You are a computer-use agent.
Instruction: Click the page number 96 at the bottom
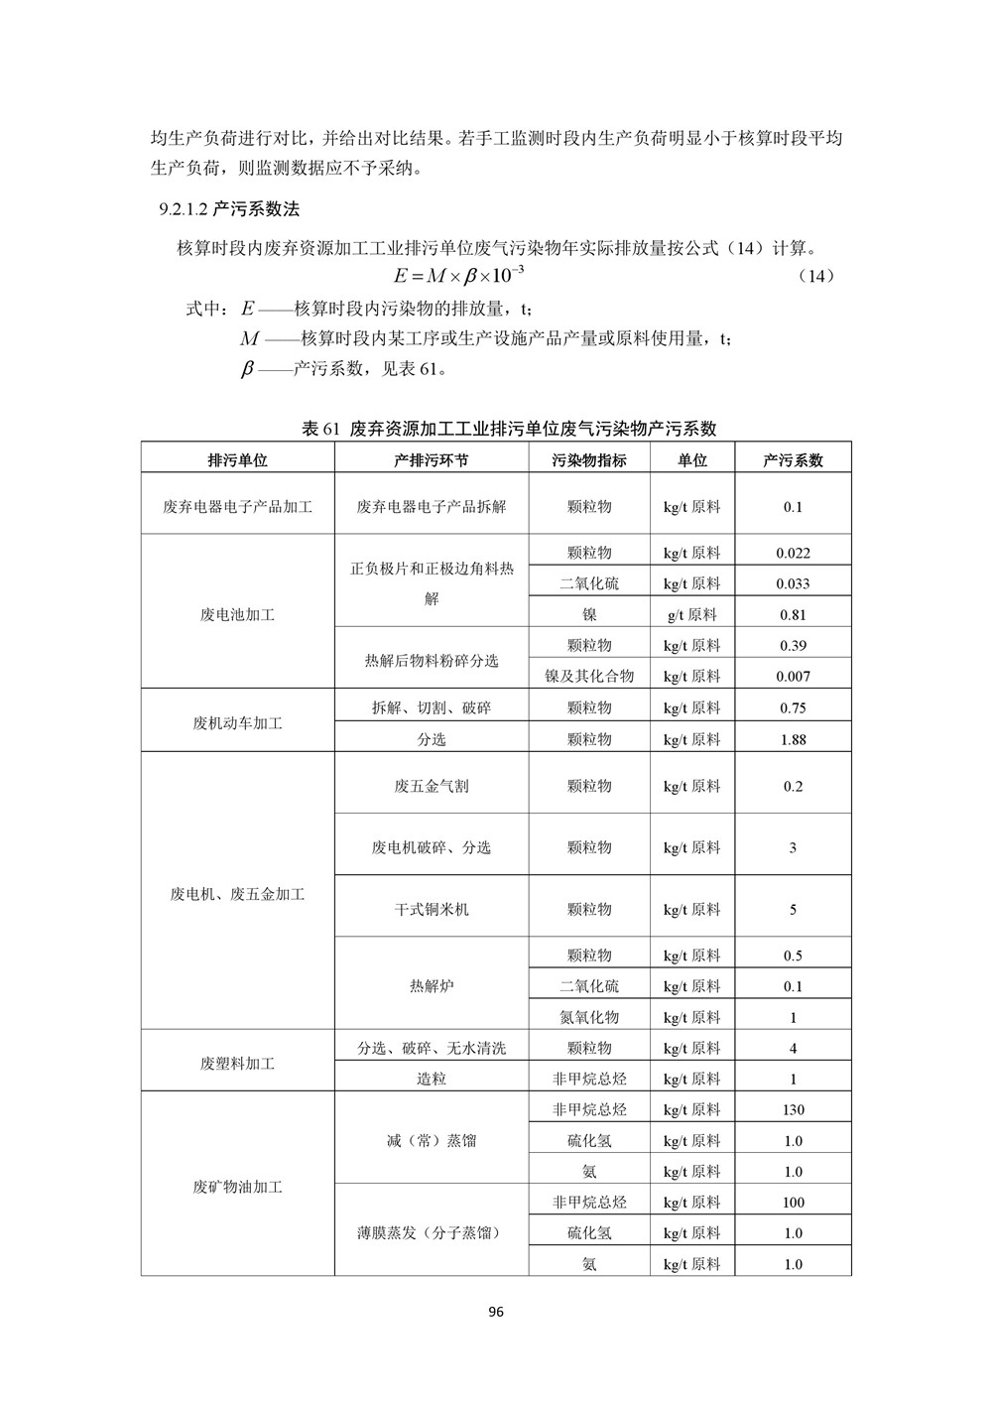(x=496, y=1312)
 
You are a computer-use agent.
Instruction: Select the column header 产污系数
(x=793, y=460)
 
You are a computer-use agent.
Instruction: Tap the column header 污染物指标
(x=589, y=460)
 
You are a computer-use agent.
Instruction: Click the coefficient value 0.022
(x=793, y=553)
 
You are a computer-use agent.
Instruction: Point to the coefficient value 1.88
(x=793, y=739)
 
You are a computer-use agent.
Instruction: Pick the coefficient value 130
(x=793, y=1109)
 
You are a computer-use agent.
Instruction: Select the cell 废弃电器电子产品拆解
(x=432, y=506)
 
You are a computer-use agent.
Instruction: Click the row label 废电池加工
(x=237, y=614)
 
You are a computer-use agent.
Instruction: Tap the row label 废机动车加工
(x=237, y=723)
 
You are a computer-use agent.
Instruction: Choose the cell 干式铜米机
(x=432, y=909)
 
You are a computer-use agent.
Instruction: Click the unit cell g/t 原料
(x=692, y=614)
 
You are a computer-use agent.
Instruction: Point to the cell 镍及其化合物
(x=589, y=676)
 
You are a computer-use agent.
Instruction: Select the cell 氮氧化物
(x=589, y=1017)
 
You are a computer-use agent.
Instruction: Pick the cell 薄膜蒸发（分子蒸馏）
(x=432, y=1233)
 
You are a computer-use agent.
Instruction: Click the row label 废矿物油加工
(x=237, y=1187)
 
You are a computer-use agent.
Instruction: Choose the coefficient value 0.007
(x=793, y=676)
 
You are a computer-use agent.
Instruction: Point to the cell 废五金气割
(x=432, y=786)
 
